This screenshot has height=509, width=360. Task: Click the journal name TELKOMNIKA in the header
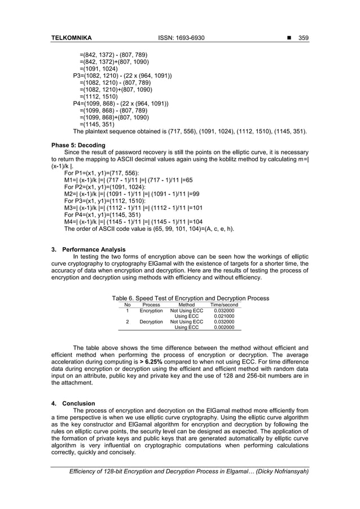point(71,38)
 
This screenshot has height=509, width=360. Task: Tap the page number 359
point(304,38)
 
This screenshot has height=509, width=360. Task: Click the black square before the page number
point(288,38)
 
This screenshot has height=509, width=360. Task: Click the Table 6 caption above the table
point(190,298)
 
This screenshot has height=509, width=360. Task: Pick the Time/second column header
point(224,305)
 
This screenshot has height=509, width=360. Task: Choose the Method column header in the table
point(186,305)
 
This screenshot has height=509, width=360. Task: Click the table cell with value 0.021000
point(224,316)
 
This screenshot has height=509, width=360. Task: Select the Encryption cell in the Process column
point(151,310)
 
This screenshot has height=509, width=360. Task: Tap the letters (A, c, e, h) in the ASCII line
point(218,229)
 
